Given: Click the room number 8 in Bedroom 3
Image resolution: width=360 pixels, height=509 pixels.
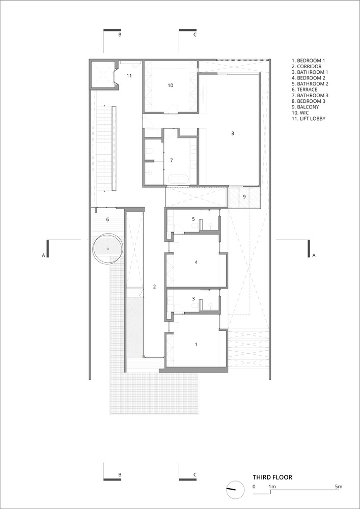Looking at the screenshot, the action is point(232,133).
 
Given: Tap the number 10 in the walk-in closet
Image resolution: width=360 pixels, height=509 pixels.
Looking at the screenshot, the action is point(171,86).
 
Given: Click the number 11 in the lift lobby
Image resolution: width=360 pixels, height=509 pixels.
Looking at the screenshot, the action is point(129,76).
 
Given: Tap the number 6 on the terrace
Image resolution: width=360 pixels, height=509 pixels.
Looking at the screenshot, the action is point(107,219).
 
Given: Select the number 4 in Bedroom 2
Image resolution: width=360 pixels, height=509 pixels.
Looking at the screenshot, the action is point(196,262).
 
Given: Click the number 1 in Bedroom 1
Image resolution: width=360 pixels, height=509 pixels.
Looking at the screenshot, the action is point(196,345).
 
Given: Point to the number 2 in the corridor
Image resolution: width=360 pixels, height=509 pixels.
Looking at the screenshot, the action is point(154,286).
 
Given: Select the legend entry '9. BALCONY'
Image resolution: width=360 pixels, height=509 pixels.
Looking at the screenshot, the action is point(305,107).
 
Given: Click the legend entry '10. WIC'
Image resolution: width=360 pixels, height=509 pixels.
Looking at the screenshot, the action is point(300,112).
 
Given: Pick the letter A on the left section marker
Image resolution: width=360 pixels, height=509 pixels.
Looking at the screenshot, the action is point(43,256).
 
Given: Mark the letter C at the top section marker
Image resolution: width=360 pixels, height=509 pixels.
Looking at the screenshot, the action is point(195,35).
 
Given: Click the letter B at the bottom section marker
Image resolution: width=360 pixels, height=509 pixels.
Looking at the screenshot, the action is point(120,474).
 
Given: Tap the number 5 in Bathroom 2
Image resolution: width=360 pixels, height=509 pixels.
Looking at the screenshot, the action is point(193,219).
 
